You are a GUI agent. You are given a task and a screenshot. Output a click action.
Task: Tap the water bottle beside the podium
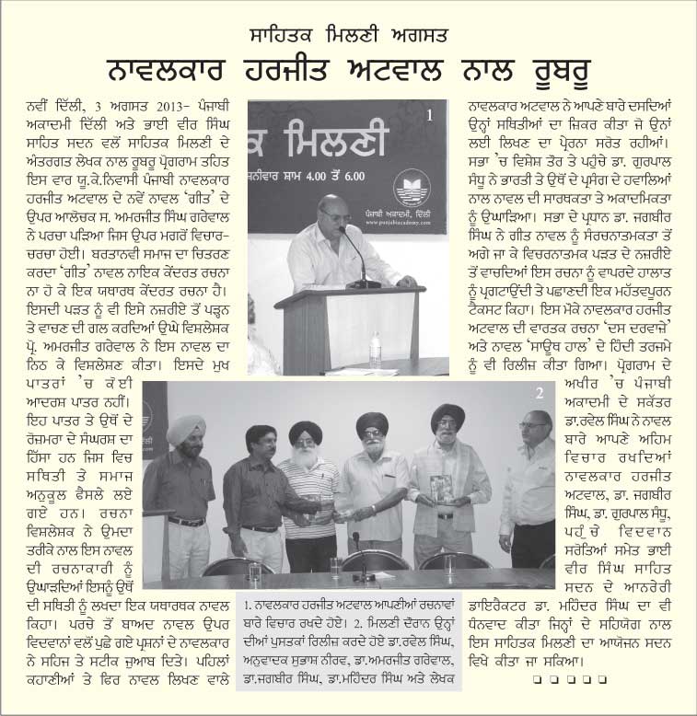[375, 350]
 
